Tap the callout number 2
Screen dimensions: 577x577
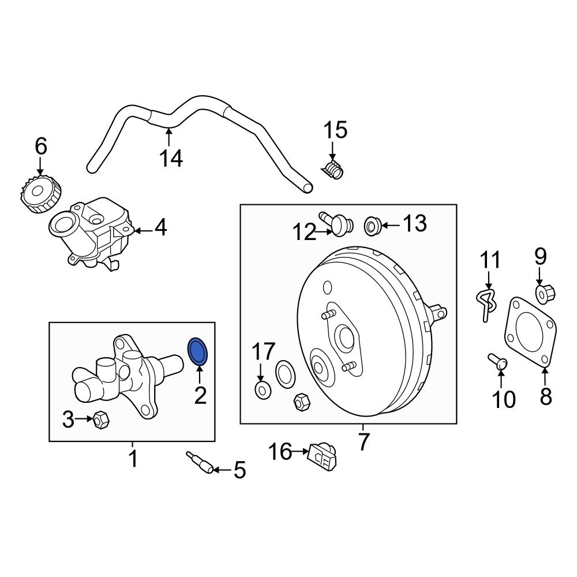[200, 395]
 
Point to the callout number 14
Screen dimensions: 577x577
[171, 157]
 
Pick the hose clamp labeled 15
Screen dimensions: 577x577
[332, 171]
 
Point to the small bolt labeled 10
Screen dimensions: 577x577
[497, 362]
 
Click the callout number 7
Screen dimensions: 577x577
[363, 441]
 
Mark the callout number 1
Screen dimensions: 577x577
[133, 459]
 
